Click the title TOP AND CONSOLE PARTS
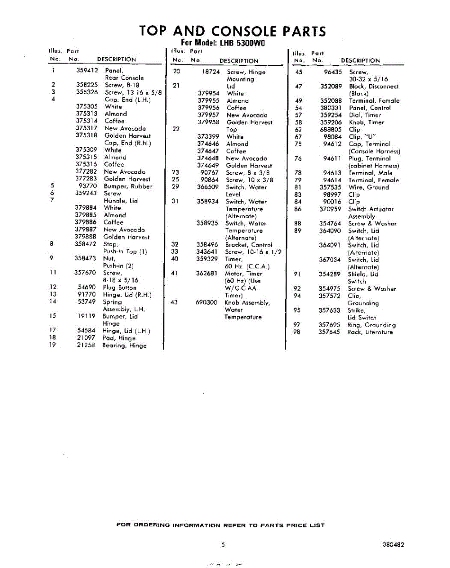click(233, 31)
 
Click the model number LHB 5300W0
click(243, 43)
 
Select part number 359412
click(87, 71)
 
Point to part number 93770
click(88, 186)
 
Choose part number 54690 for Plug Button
click(87, 287)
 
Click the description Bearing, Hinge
click(125, 346)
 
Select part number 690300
click(207, 302)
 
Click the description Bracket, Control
click(249, 245)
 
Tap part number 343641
click(207, 252)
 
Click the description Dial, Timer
click(365, 115)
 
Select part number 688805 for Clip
click(331, 129)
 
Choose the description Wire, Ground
click(369, 187)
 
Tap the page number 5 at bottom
click(223, 545)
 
